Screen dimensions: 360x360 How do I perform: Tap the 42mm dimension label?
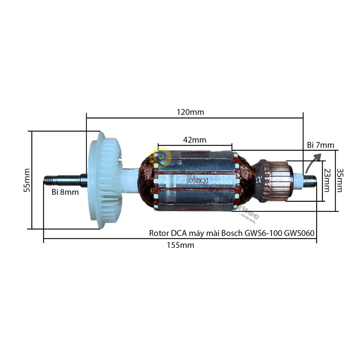pos(194,140)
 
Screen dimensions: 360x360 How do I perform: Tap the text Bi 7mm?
pos(320,145)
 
